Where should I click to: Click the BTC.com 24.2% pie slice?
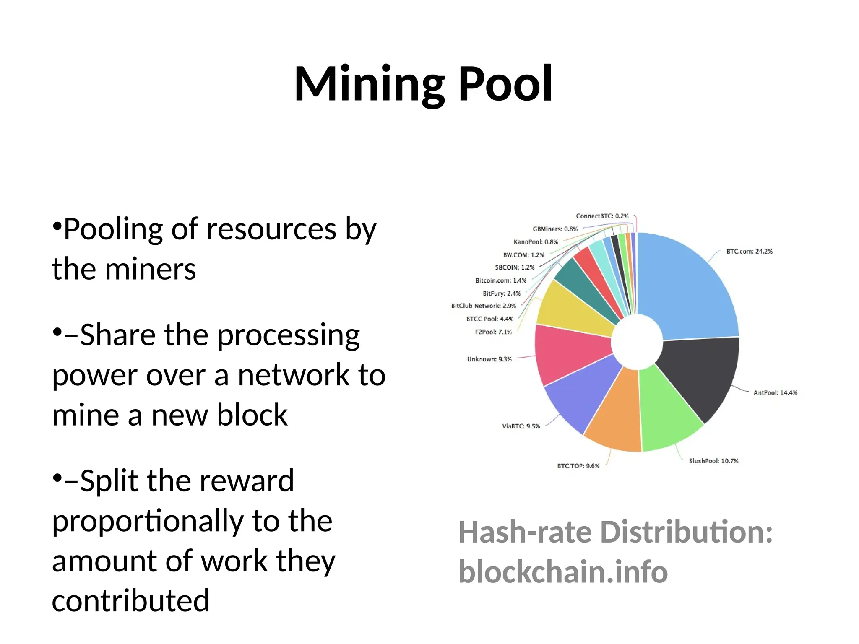click(x=688, y=289)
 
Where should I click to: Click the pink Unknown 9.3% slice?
click(x=570, y=352)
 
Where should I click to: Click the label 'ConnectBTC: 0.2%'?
click(x=602, y=216)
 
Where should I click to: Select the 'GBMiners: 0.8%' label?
click(x=555, y=229)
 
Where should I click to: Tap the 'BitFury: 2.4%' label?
click(x=502, y=293)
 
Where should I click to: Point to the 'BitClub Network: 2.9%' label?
click(x=484, y=306)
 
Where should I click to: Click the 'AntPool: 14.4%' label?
click(x=775, y=393)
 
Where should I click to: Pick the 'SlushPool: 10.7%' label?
click(x=713, y=461)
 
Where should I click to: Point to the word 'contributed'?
click(x=130, y=601)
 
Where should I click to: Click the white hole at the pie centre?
click(x=637, y=342)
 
